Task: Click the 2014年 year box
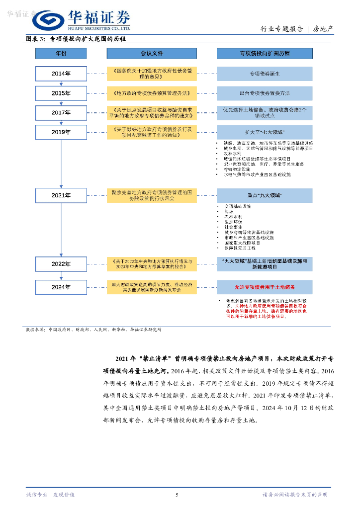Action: click(x=61, y=74)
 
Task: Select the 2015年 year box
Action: click(x=61, y=93)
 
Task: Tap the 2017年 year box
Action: click(x=61, y=113)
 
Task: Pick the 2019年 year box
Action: click(x=61, y=132)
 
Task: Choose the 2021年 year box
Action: click(x=61, y=195)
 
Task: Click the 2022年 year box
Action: click(x=61, y=264)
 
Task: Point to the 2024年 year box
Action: click(x=61, y=287)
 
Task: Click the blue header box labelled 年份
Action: click(x=61, y=53)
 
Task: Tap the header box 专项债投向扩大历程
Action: click(x=265, y=53)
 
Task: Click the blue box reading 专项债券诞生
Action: click(x=265, y=74)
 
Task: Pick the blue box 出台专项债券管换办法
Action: click(x=265, y=93)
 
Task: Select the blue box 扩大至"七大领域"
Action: click(x=265, y=132)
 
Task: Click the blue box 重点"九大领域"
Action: click(x=265, y=195)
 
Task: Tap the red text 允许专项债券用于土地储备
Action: click(x=265, y=287)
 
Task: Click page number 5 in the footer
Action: click(x=177, y=495)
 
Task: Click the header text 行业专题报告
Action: click(x=281, y=29)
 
